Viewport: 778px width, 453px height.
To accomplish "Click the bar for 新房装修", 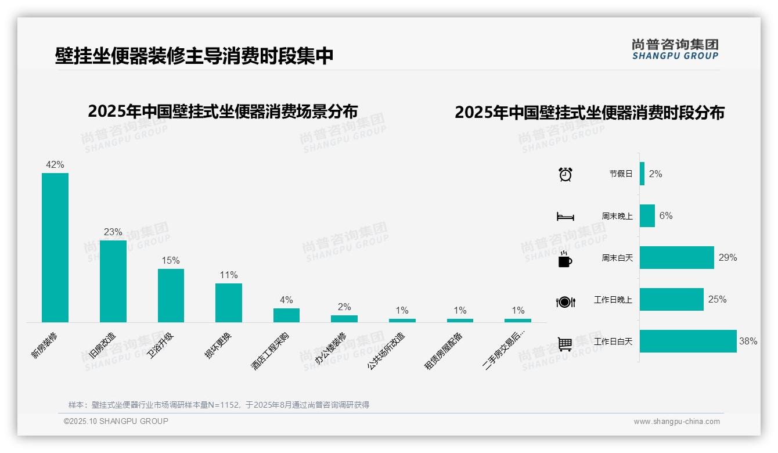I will point(55,247).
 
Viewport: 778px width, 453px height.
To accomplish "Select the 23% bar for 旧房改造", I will point(113,281).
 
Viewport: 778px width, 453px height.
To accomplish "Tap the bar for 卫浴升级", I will point(171,295).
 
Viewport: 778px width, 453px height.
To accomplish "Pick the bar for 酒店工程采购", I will point(286,315).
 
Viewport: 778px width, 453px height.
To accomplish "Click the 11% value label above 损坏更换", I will point(229,275).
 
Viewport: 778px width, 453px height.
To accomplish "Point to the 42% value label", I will point(55,165).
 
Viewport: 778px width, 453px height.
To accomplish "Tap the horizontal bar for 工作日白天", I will point(688,341).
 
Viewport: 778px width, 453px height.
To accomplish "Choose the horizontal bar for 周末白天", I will point(677,258).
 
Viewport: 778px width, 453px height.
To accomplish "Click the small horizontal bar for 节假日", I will point(642,174).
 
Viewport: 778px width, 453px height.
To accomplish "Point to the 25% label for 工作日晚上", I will point(717,300).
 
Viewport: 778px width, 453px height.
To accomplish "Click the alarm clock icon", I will point(566,174).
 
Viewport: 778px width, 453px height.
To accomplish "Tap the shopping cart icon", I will point(565,344).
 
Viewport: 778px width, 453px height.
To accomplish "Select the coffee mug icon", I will point(565,260).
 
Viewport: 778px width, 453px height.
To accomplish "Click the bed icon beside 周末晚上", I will point(566,217).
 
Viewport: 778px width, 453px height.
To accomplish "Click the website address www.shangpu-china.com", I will point(676,422).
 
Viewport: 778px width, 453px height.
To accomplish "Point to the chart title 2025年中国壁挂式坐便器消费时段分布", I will point(589,113).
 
